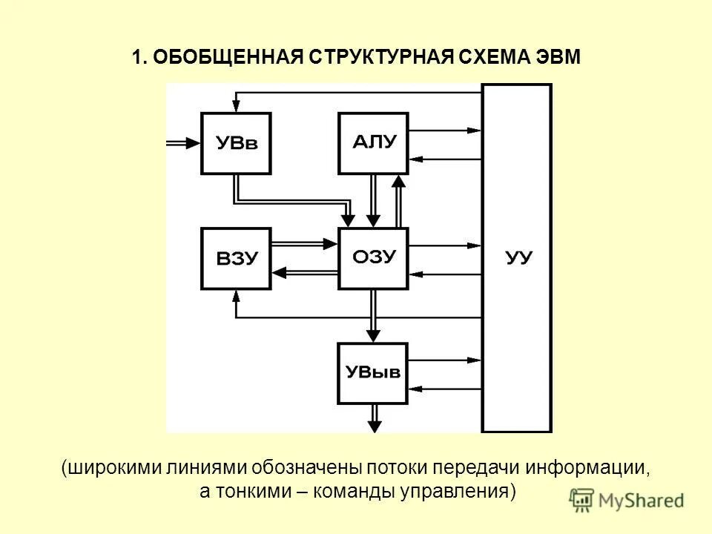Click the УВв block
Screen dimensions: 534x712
(x=236, y=143)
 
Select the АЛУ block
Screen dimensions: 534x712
(x=372, y=143)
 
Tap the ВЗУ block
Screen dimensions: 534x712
(x=236, y=258)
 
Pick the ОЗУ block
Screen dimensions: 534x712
(x=372, y=257)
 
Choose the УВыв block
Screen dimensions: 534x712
(x=372, y=372)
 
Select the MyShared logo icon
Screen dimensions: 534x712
(x=583, y=500)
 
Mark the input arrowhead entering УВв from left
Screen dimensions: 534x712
(x=195, y=143)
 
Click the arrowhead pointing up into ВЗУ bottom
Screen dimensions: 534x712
(x=236, y=295)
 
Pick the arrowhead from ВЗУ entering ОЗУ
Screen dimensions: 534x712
(x=332, y=243)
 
